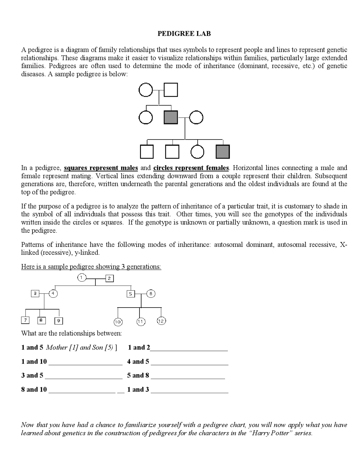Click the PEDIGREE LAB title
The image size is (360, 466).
pyautogui.click(x=184, y=34)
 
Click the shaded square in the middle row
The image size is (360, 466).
pyautogui.click(x=171, y=117)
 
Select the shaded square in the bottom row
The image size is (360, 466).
pyautogui.click(x=223, y=152)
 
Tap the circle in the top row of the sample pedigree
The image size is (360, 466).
pyautogui.click(x=146, y=90)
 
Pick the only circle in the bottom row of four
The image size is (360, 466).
pyautogui.click(x=197, y=152)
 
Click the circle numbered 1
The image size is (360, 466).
pyautogui.click(x=81, y=278)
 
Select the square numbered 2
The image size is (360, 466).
pyautogui.click(x=109, y=279)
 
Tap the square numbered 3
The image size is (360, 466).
pyautogui.click(x=35, y=294)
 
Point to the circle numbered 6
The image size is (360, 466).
pyautogui.click(x=151, y=294)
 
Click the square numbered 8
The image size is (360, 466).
pyautogui.click(x=41, y=320)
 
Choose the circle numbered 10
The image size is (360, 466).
pyautogui.click(x=118, y=322)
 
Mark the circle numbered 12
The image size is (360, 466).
pyautogui.click(x=161, y=321)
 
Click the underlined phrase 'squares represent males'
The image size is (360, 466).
pyautogui.click(x=101, y=168)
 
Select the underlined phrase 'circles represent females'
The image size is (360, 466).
pyautogui.click(x=191, y=168)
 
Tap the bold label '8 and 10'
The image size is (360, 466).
pyautogui.click(x=34, y=389)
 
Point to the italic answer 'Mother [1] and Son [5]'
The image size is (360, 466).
pyautogui.click(x=80, y=348)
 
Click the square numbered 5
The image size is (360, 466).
pyautogui.click(x=130, y=294)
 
